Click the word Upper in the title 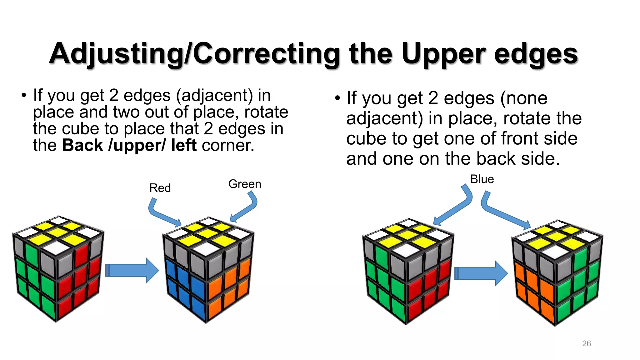pyautogui.click(x=444, y=54)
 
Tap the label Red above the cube pyautogui.click(x=160, y=188)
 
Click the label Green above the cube pyautogui.click(x=245, y=184)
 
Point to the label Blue pyautogui.click(x=482, y=179)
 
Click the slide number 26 pyautogui.click(x=586, y=343)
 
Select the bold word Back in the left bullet pyautogui.click(x=82, y=145)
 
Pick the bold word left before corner pyautogui.click(x=184, y=145)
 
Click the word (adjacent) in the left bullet pyautogui.click(x=214, y=95)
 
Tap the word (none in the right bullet pyautogui.click(x=524, y=98)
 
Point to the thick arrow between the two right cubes pyautogui.click(x=481, y=273)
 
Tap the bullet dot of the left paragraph pyautogui.click(x=24, y=95)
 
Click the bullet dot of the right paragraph pyautogui.click(x=337, y=98)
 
